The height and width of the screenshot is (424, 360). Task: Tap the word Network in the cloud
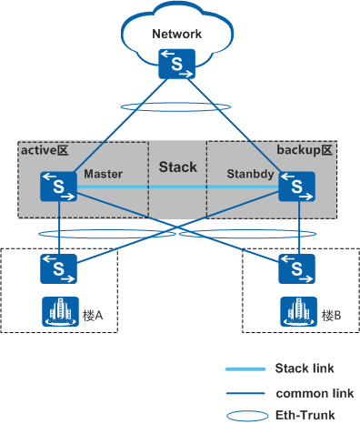point(176,35)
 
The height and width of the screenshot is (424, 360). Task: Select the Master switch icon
point(57,187)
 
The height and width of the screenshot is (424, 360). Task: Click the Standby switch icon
point(297,187)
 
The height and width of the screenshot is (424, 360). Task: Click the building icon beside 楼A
point(57,312)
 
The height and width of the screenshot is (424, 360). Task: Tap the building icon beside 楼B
point(296,312)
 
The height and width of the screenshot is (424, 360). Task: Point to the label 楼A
point(94,316)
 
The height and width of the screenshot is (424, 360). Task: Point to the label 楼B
point(331,316)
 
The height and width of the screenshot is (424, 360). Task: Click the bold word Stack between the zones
point(177,167)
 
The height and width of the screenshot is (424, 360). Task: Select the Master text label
point(102,173)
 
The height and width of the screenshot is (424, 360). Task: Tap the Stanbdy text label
point(244,173)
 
